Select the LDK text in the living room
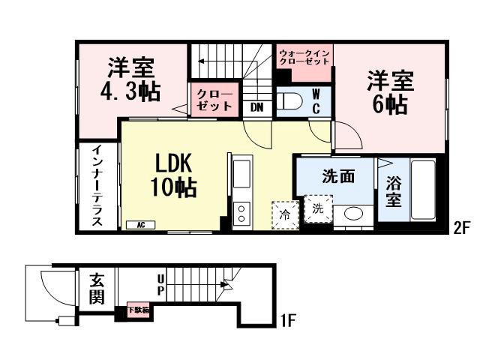(x=175, y=163)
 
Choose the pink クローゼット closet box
(x=215, y=100)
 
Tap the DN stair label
(x=257, y=107)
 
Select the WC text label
(x=316, y=101)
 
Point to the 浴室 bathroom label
(x=394, y=191)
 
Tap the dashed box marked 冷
(x=285, y=213)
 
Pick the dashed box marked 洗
(x=318, y=208)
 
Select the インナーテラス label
(x=97, y=187)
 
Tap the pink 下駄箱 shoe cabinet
(x=137, y=308)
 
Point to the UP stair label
(x=160, y=284)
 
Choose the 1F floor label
(x=288, y=322)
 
